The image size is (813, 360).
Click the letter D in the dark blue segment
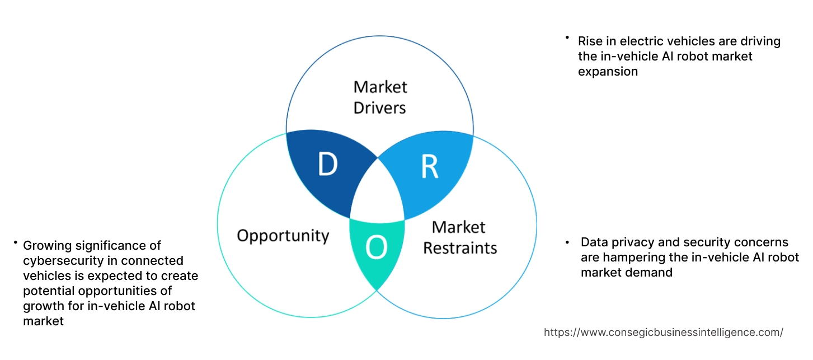click(328, 165)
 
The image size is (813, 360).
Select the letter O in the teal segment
click(377, 248)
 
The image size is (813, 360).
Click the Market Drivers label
click(380, 97)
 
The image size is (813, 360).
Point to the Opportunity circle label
click(283, 235)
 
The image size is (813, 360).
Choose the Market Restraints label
click(459, 237)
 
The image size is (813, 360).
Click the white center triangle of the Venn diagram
click(377, 193)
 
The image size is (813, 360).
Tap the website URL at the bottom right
click(663, 332)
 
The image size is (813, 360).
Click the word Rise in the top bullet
click(590, 41)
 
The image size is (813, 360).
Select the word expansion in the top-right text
click(608, 71)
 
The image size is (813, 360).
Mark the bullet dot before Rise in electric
click(567, 38)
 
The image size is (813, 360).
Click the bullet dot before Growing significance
click(15, 243)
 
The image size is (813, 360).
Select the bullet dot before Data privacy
click(568, 242)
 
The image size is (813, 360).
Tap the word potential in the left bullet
click(47, 291)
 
